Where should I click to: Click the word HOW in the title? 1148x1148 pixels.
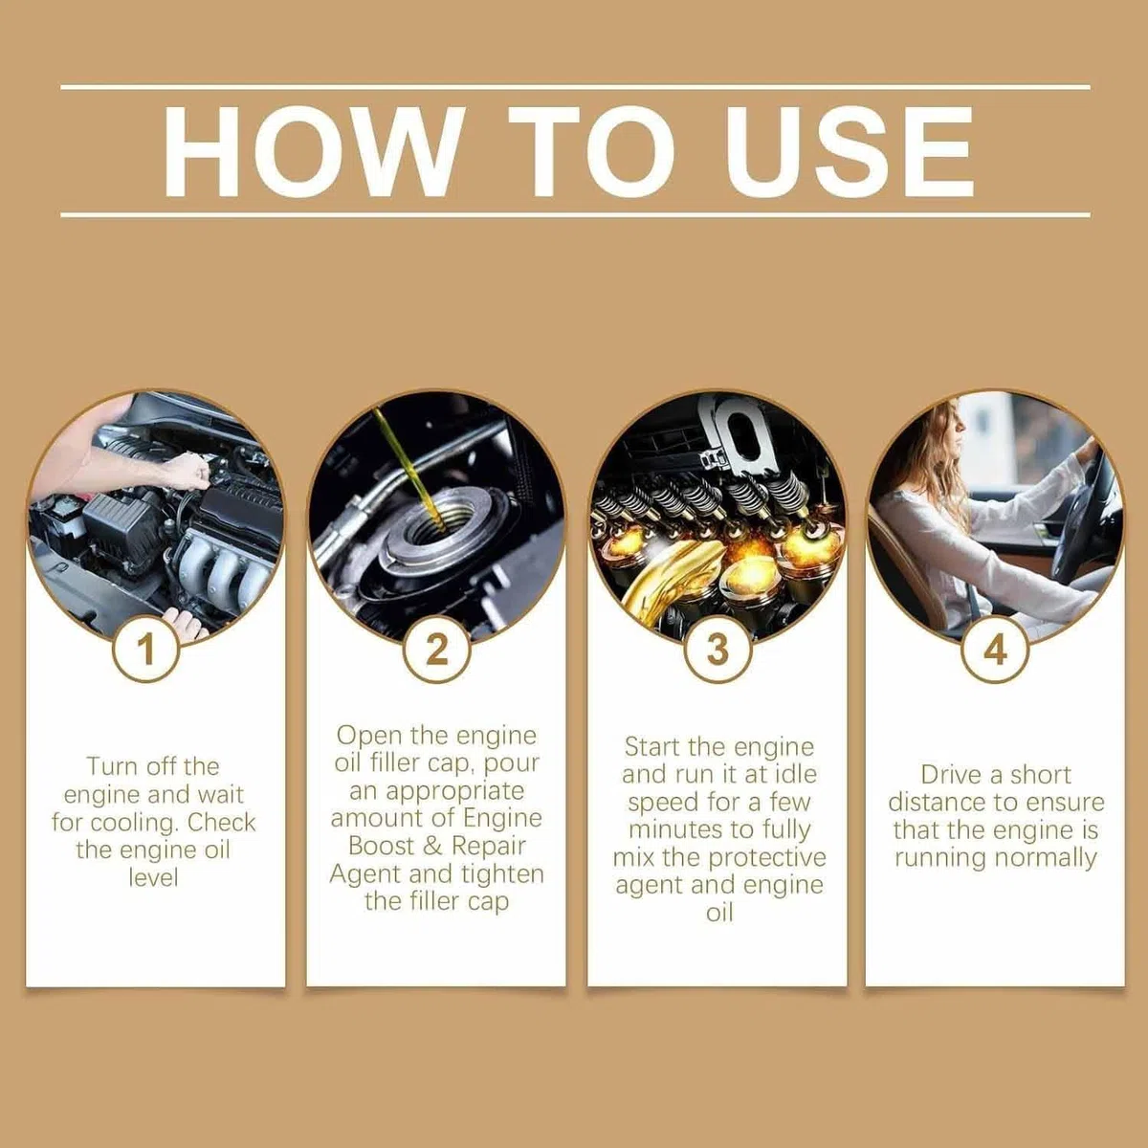point(314,151)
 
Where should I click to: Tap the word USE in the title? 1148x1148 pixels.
point(850,151)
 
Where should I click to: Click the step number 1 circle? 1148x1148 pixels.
point(146,649)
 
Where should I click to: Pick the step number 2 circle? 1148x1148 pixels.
point(436,649)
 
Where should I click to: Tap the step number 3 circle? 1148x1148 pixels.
point(717,649)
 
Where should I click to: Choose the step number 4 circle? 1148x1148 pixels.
point(996,649)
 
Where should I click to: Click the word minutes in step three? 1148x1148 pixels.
point(676,829)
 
